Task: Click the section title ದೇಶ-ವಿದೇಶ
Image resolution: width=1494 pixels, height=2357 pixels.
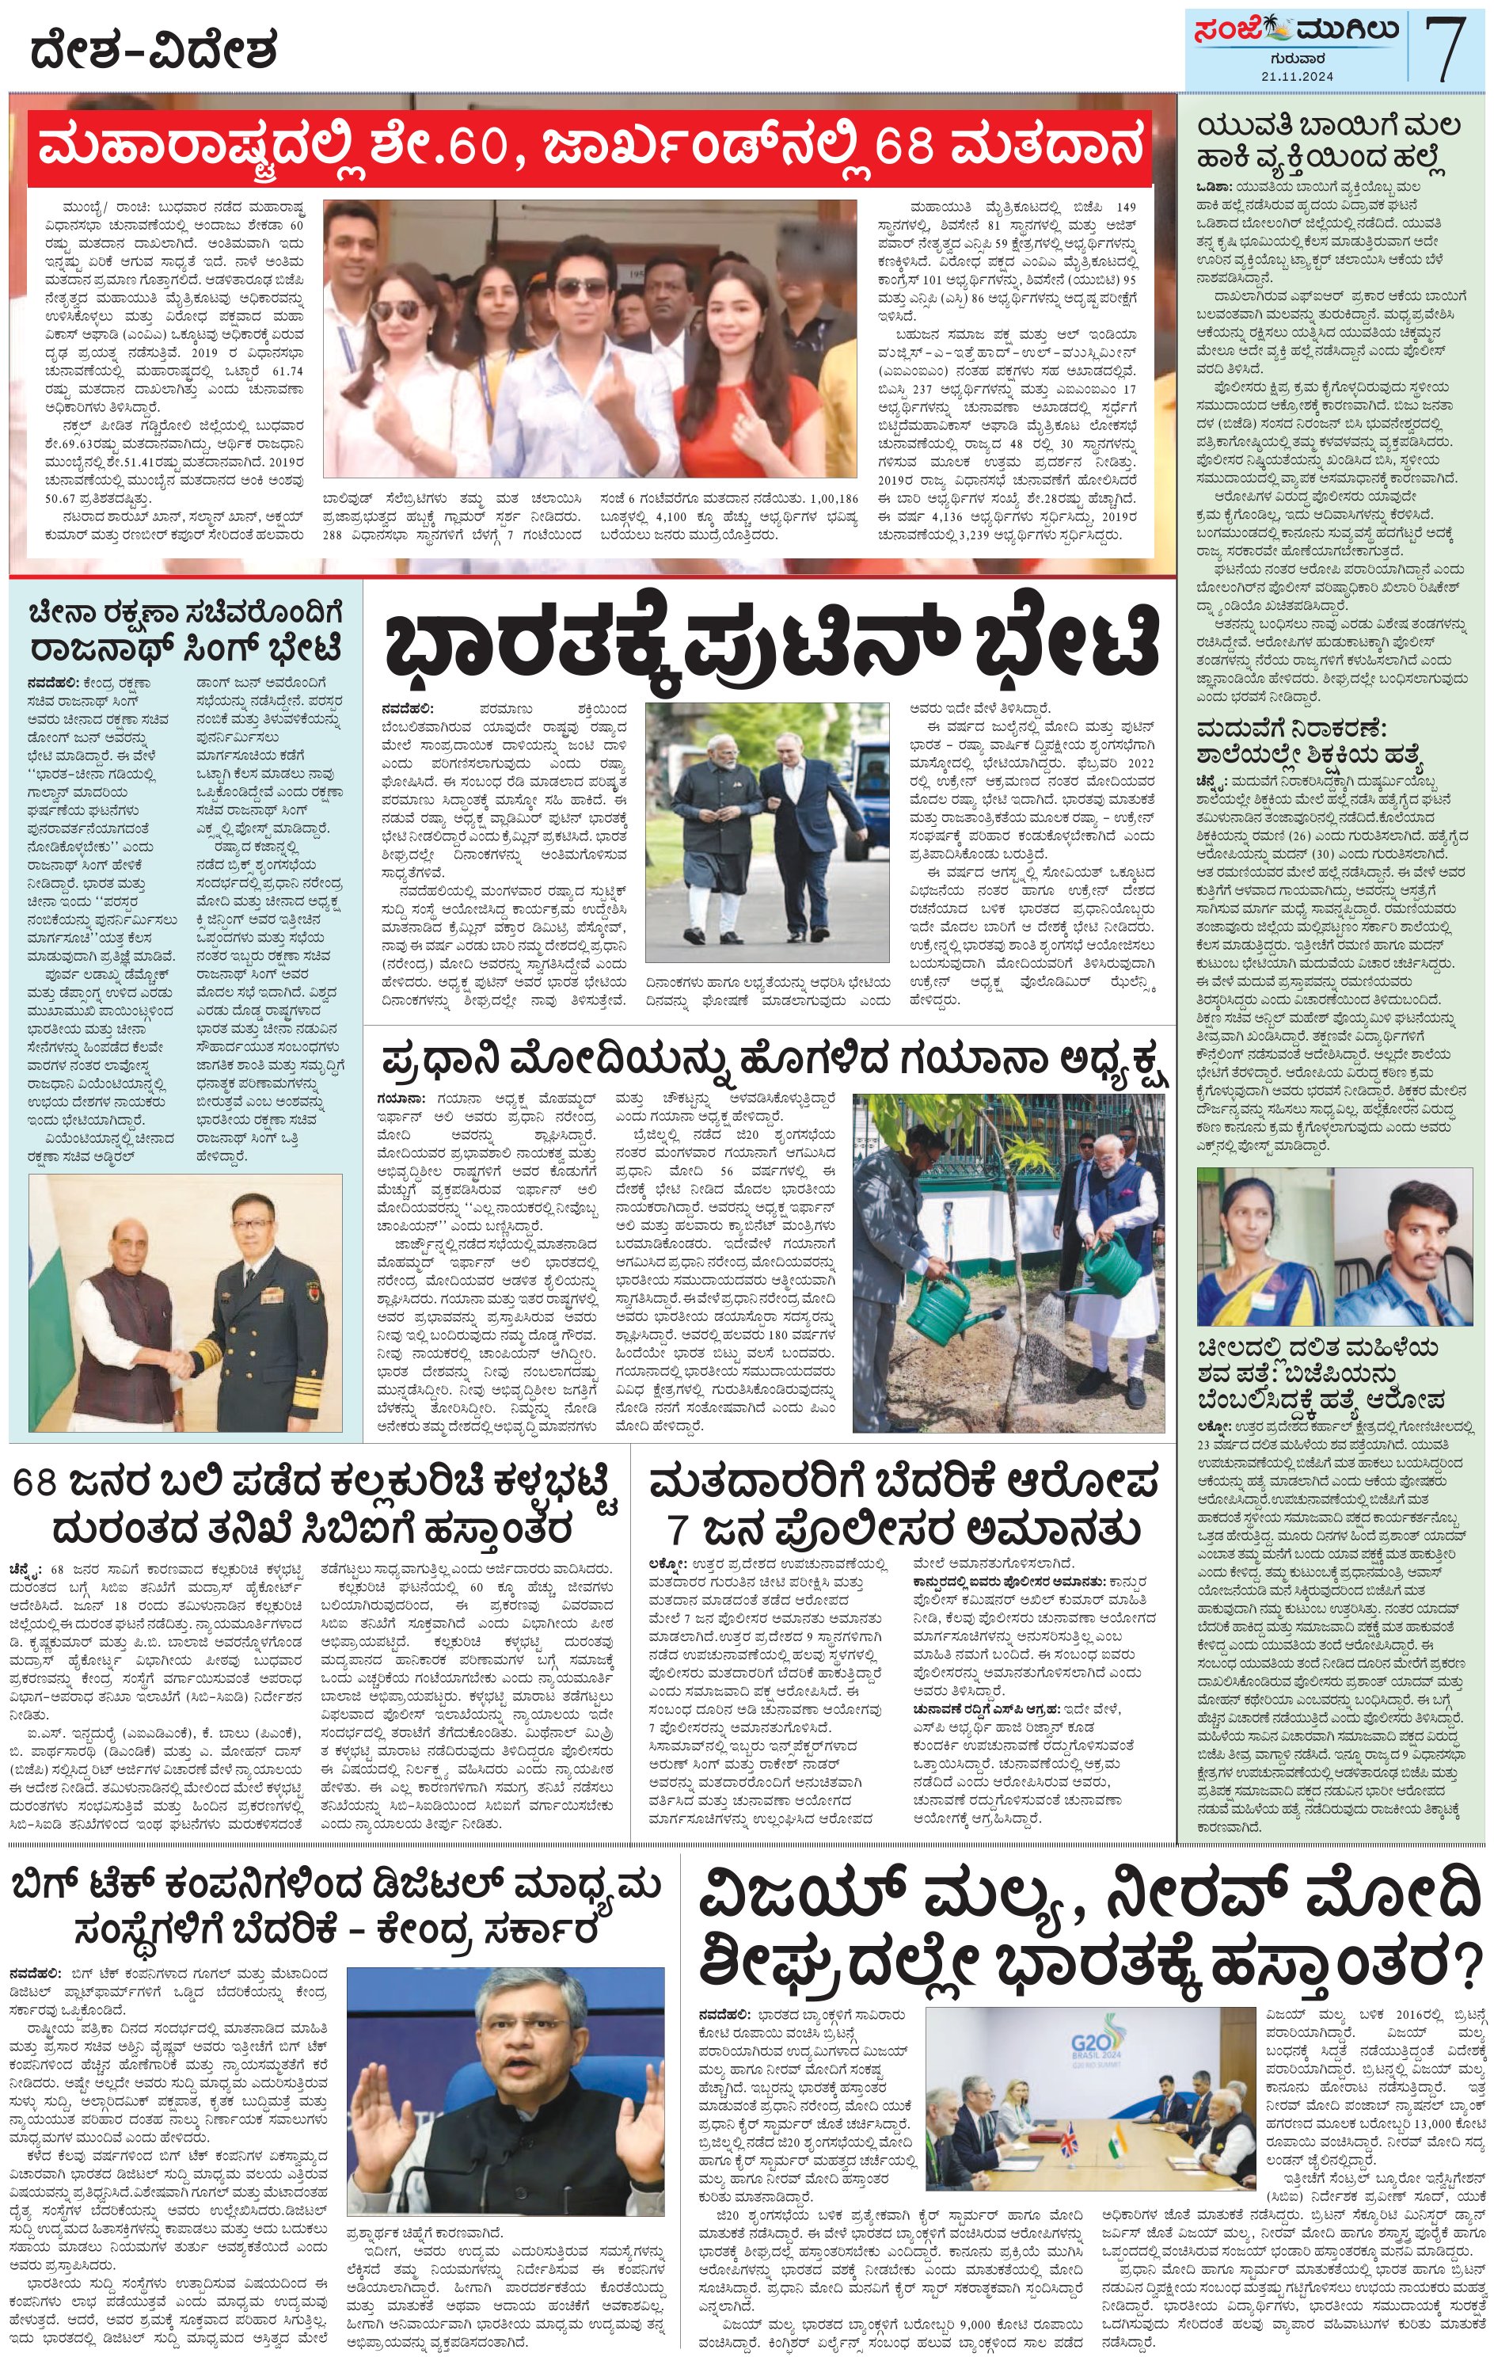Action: [154, 49]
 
